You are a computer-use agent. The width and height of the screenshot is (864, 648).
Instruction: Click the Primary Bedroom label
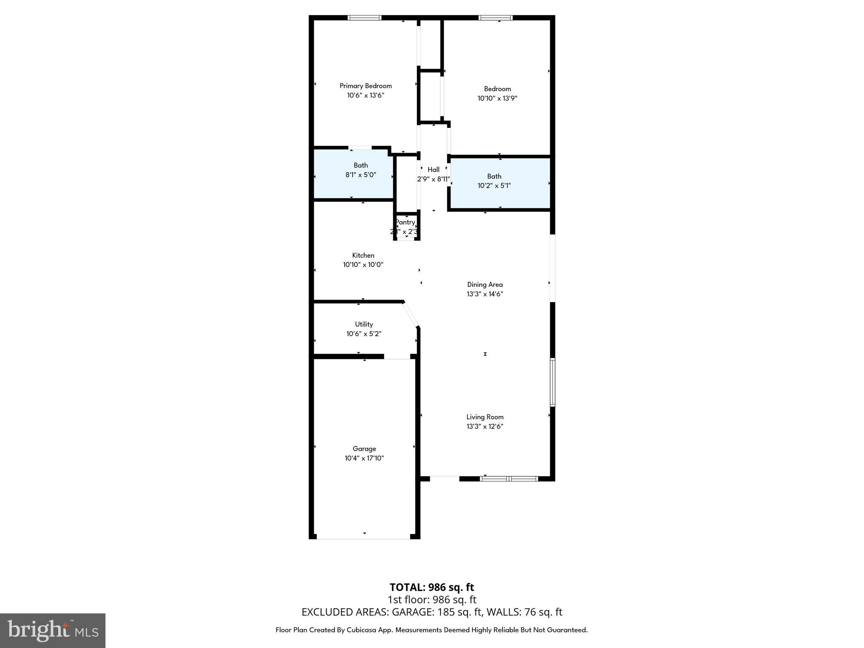[x=365, y=86]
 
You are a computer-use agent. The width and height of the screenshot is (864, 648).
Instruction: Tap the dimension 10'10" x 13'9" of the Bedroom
[x=497, y=98]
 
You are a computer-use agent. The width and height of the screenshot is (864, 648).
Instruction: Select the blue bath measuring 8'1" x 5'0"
[x=354, y=174]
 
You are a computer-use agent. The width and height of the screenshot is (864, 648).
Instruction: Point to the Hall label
[x=433, y=170]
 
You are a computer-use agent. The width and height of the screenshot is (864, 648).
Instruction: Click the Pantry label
[x=405, y=222]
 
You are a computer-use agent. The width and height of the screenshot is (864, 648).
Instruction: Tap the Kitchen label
[x=363, y=255]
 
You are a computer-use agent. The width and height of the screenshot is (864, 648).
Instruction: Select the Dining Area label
[x=485, y=284]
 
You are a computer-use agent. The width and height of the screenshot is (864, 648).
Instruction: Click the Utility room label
[x=364, y=324]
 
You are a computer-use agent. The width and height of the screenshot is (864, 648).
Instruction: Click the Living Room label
[x=485, y=417]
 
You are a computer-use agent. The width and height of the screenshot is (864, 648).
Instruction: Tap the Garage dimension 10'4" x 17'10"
[x=364, y=458]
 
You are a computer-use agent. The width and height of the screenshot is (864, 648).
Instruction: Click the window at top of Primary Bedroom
[x=364, y=18]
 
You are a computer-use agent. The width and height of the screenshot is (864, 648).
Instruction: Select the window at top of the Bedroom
[x=495, y=18]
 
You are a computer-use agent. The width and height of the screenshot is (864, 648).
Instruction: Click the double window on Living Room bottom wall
[x=509, y=478]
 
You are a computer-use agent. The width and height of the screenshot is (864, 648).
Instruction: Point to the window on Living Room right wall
[x=552, y=382]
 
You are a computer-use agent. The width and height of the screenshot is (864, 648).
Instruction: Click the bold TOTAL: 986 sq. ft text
[x=432, y=587]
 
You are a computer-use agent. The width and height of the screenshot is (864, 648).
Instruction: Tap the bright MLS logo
[x=53, y=630]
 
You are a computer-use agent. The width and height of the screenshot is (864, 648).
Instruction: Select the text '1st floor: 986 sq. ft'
[x=432, y=599]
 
